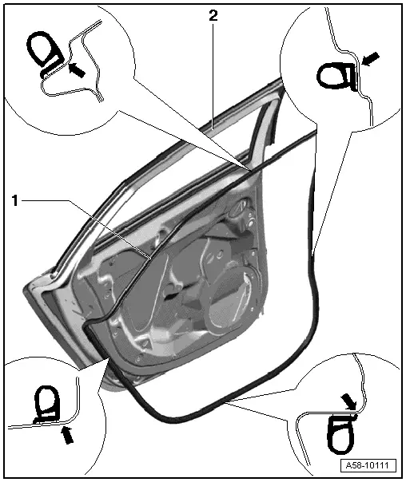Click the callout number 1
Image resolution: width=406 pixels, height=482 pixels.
pos(14,201)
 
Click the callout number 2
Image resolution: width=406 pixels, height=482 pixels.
pos(213,15)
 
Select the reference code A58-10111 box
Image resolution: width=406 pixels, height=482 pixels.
pos(368,465)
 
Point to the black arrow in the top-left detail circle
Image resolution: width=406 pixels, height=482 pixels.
pos(76,69)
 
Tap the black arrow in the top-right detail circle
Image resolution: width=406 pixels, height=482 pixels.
pos(370,59)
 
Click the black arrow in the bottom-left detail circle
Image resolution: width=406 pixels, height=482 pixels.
pos(68,435)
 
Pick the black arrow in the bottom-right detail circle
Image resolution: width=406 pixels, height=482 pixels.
pos(349,402)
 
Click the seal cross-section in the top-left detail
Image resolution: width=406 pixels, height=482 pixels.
pos(46,52)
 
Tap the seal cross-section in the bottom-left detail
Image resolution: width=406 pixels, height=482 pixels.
pos(46,405)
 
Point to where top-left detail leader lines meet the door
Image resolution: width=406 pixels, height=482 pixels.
pos(251,170)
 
